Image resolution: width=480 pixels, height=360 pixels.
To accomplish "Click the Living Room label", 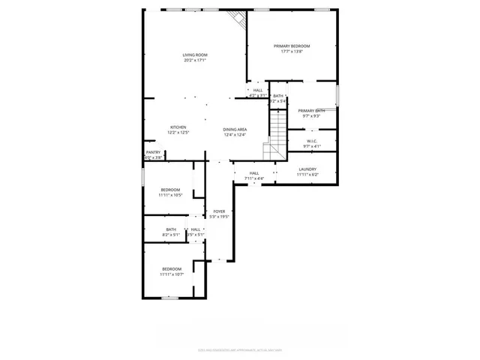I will [x=195, y=55].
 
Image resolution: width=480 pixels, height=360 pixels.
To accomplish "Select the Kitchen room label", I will [x=178, y=127].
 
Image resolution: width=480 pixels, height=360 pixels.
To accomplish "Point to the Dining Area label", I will [x=235, y=130].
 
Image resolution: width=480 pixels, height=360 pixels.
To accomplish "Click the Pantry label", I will [x=153, y=152].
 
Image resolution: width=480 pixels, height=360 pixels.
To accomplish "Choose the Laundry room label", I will [x=307, y=169].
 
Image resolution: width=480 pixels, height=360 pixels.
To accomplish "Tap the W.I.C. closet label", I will [x=312, y=142].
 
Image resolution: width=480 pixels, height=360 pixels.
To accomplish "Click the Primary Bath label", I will [x=312, y=111].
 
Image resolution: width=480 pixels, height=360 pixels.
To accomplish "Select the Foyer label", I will [x=219, y=211].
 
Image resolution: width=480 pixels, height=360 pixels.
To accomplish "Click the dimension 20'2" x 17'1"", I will [x=195, y=60].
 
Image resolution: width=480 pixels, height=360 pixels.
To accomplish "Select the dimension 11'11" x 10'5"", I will [x=171, y=195].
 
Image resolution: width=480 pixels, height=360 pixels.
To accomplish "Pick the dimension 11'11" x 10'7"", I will [x=171, y=274].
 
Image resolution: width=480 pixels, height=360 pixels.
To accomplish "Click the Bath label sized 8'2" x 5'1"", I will [x=171, y=229].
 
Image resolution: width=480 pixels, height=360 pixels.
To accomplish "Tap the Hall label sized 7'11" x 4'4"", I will [x=254, y=173].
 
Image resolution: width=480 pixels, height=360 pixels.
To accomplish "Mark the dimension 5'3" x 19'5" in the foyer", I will [x=219, y=217].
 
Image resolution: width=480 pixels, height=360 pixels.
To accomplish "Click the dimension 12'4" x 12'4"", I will [x=235, y=135].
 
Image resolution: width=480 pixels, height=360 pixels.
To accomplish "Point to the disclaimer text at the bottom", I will [x=240, y=349].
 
